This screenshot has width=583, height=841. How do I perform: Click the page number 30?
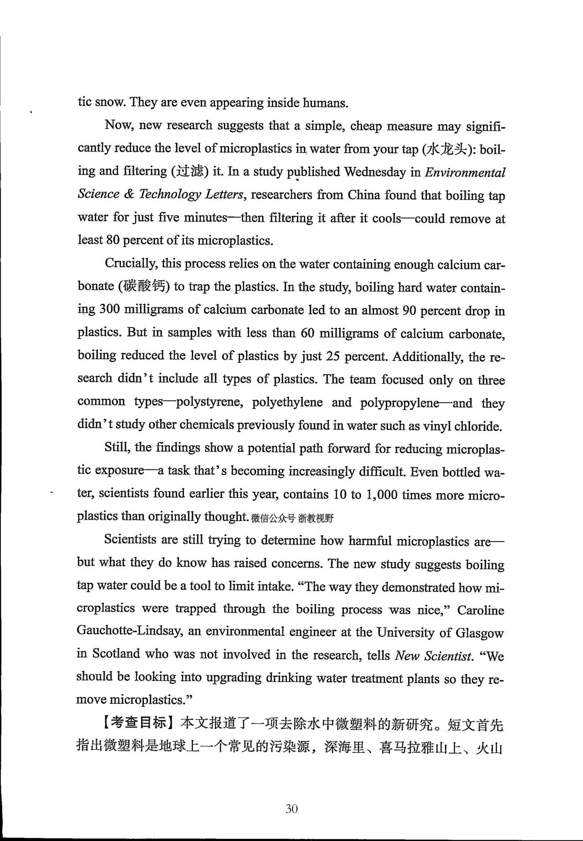click(291, 809)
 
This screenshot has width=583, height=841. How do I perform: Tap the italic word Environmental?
click(465, 172)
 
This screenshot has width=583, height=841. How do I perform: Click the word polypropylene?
click(399, 403)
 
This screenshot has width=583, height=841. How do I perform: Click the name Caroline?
click(481, 610)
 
